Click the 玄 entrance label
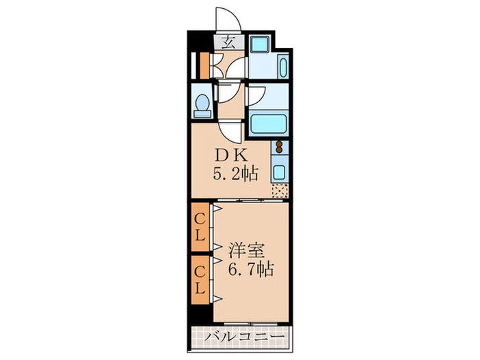point(226,40)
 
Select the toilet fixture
point(202,105)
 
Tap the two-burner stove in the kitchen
point(279,147)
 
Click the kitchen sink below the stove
point(279,169)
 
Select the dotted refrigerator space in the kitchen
point(279,191)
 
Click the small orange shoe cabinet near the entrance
point(204,64)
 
